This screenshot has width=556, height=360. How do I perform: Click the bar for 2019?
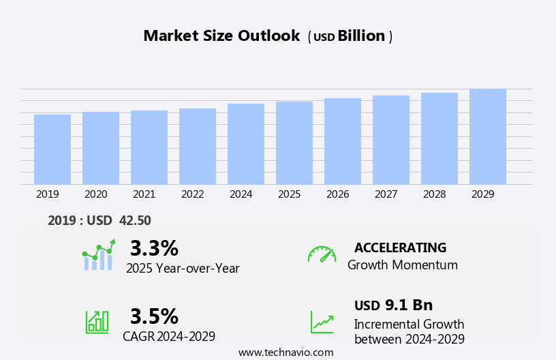tap(52, 149)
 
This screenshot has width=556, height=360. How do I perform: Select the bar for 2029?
tap(488, 136)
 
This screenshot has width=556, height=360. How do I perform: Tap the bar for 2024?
tap(246, 144)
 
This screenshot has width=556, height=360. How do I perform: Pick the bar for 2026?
tap(343, 141)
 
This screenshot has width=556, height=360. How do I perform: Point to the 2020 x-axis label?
tap(96, 194)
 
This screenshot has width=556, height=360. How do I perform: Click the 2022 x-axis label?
tap(193, 194)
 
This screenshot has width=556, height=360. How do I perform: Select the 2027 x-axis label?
tap(386, 194)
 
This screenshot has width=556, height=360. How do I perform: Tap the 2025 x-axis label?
tap(290, 194)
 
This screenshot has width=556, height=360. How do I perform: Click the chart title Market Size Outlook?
tap(221, 36)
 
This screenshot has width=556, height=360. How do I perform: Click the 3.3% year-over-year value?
tap(154, 248)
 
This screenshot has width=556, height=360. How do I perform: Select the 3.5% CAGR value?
tap(154, 316)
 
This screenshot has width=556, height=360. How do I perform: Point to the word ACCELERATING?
tap(400, 248)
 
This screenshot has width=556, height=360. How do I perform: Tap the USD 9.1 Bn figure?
tap(393, 305)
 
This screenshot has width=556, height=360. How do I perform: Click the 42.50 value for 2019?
tap(135, 220)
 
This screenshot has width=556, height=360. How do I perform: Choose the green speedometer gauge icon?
tap(322, 254)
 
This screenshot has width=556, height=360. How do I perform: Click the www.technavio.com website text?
tap(285, 352)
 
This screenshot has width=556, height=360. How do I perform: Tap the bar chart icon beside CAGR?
tap(97, 322)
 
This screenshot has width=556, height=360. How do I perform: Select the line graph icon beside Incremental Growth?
tap(322, 322)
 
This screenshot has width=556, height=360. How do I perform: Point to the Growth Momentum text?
tap(403, 265)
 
